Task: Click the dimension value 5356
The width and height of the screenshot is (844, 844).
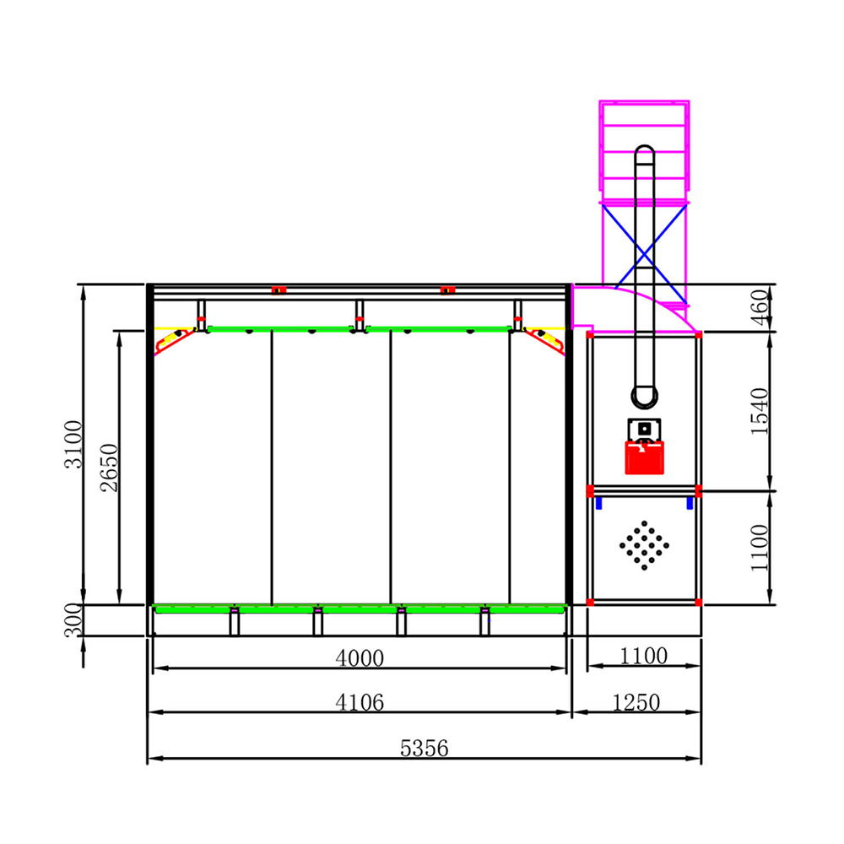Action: pyautogui.click(x=424, y=748)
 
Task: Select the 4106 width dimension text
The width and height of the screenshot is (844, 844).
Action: pyautogui.click(x=360, y=702)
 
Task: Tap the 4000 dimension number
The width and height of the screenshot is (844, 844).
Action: pyautogui.click(x=360, y=657)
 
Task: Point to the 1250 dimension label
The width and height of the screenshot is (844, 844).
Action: pyautogui.click(x=636, y=702)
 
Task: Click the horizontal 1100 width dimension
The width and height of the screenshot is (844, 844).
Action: pyautogui.click(x=644, y=656)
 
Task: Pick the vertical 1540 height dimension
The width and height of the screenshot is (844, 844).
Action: pyautogui.click(x=760, y=411)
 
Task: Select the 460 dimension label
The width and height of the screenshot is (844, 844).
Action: pyautogui.click(x=760, y=307)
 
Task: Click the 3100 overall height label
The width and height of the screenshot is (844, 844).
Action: pyautogui.click(x=73, y=445)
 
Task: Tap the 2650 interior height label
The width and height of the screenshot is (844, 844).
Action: pyautogui.click(x=109, y=468)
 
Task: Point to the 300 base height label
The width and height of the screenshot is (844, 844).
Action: pyautogui.click(x=73, y=620)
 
